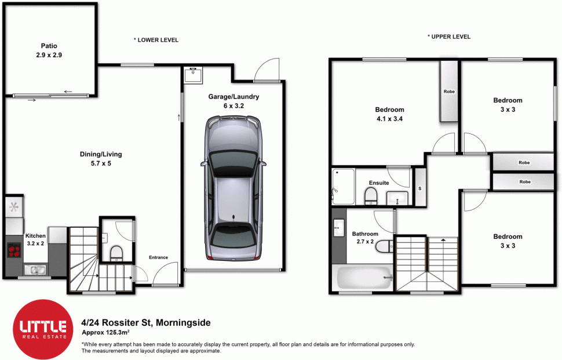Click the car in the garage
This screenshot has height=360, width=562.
pyautogui.click(x=233, y=188)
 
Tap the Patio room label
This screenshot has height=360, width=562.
pyautogui.click(x=49, y=46)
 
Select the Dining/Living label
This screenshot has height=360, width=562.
pyautogui.click(x=101, y=154)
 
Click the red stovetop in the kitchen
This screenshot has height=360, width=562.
pyautogui.click(x=14, y=250)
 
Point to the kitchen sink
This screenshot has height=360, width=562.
pyautogui.click(x=35, y=270)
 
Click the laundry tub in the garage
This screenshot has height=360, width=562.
pyautogui.click(x=193, y=75)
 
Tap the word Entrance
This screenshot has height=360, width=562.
pyautogui.click(x=158, y=257)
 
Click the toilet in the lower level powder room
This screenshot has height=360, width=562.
pyautogui.click(x=116, y=253)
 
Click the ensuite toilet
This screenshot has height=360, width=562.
pyautogui.click(x=371, y=197)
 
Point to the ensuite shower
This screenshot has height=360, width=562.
pyautogui.click(x=343, y=187)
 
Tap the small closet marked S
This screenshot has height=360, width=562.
pyautogui.click(x=419, y=188)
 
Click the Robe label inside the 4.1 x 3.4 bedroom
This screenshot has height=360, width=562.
pyautogui.click(x=449, y=92)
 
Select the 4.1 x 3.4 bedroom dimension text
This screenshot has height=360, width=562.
pyautogui.click(x=389, y=119)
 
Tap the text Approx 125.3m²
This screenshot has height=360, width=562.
pyautogui.click(x=105, y=332)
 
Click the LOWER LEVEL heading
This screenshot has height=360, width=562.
pyautogui.click(x=156, y=40)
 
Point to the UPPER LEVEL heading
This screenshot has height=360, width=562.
pyautogui.click(x=449, y=37)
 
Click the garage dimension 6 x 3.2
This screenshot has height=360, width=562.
pyautogui.click(x=233, y=106)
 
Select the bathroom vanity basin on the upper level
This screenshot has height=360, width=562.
pyautogui.click(x=339, y=228)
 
